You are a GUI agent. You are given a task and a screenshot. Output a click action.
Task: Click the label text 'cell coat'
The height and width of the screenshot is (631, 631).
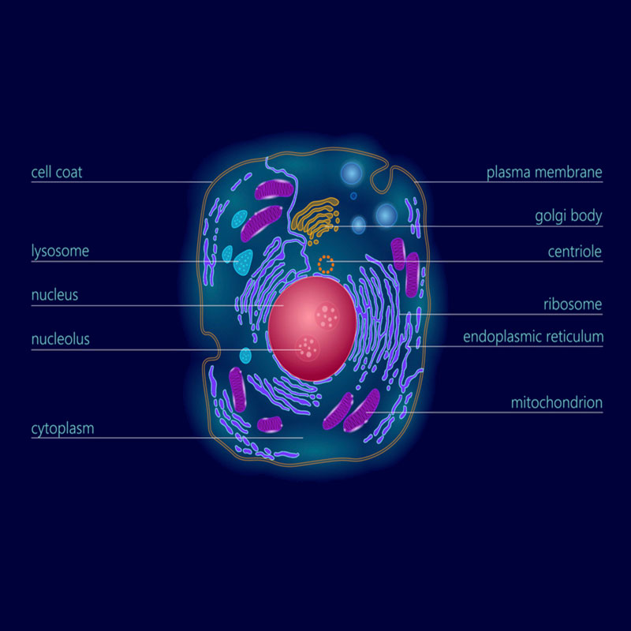click(57, 171)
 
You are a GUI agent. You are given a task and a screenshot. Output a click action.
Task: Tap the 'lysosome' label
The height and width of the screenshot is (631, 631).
click(60, 252)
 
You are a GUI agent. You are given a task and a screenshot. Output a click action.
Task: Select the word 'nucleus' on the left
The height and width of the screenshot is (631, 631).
click(54, 296)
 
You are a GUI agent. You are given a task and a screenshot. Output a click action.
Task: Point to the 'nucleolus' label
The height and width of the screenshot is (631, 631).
click(61, 340)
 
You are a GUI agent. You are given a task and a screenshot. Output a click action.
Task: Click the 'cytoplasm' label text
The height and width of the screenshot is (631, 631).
click(63, 429)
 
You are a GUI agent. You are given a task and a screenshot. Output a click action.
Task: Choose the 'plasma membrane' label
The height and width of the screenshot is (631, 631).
click(544, 172)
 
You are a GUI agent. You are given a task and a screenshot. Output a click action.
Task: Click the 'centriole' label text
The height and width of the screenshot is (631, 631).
click(575, 252)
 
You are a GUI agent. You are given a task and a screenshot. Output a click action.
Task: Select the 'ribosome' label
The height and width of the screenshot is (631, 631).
click(573, 304)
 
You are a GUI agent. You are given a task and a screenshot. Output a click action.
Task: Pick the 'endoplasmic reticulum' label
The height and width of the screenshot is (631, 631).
click(533, 337)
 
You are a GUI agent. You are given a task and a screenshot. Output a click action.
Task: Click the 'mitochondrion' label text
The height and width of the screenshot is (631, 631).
click(556, 403)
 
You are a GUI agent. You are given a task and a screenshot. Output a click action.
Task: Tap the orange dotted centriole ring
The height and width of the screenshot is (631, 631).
click(326, 263)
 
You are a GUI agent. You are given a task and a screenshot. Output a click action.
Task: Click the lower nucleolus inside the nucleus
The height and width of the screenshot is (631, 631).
click(307, 345)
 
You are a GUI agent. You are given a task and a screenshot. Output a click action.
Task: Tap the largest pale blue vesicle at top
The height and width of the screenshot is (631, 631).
click(352, 174)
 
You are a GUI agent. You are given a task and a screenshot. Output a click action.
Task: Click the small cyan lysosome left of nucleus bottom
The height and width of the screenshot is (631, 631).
click(245, 355)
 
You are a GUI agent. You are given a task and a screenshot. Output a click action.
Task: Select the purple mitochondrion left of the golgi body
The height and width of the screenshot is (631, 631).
click(272, 190)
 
